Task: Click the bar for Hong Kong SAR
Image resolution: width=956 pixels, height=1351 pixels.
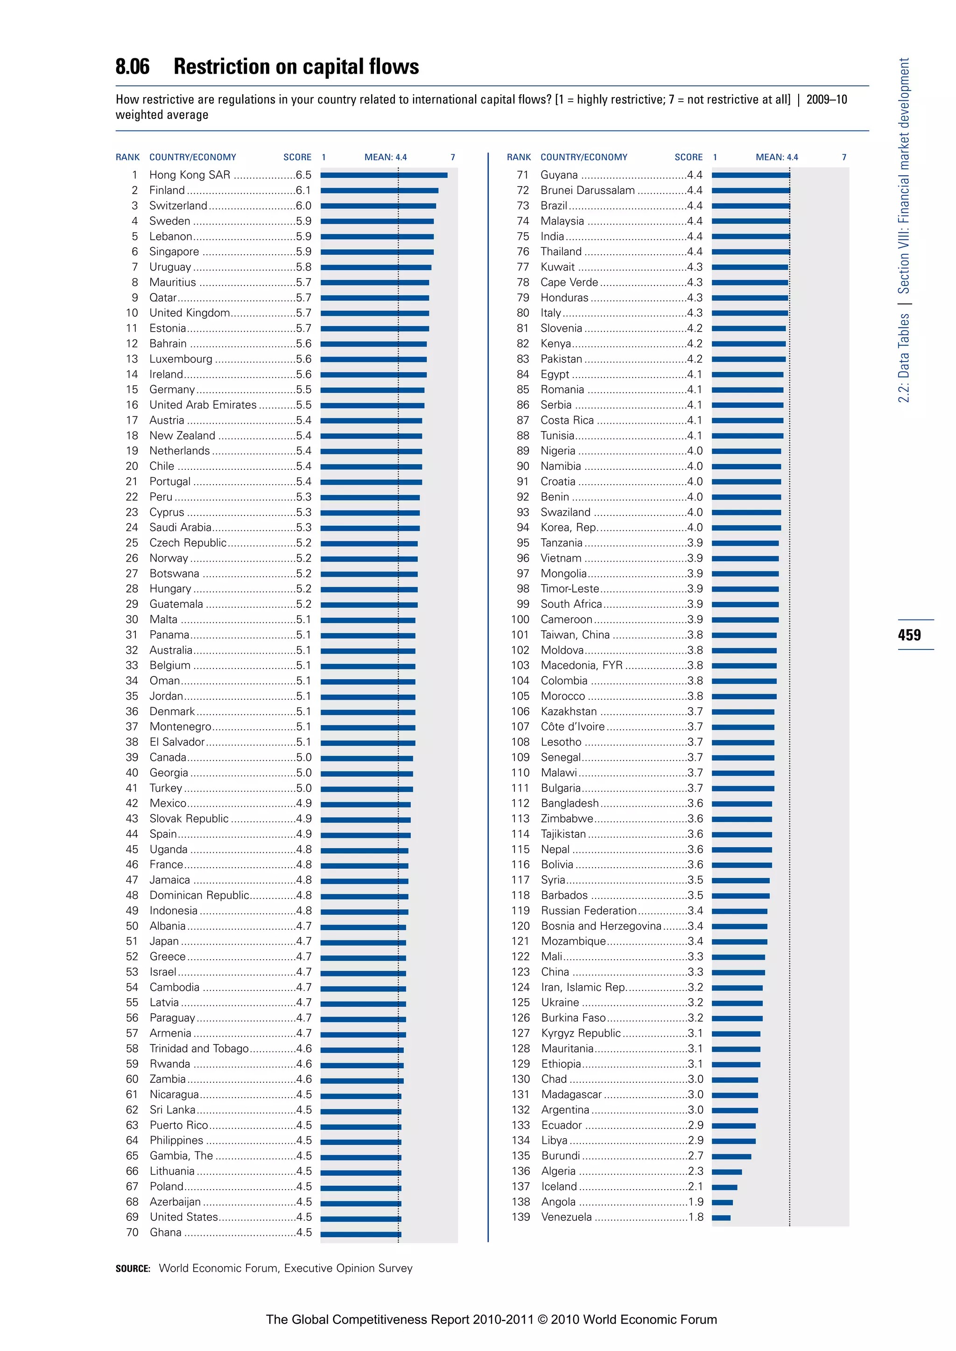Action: tap(383, 175)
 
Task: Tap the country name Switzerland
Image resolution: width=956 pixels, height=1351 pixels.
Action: tap(178, 205)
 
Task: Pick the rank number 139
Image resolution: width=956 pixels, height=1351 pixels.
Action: tap(520, 1217)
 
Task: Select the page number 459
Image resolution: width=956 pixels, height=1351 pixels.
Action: tap(909, 635)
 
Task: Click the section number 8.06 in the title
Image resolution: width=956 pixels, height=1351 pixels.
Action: tap(133, 67)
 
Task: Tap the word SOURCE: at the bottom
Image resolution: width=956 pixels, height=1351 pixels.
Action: tap(133, 1268)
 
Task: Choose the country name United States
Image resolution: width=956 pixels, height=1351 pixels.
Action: tap(183, 1217)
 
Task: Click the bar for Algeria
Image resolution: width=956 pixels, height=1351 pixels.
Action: tap(726, 1171)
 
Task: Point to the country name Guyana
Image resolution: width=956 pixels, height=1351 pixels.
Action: tap(559, 175)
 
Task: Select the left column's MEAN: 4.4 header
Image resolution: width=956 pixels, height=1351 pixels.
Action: tap(385, 157)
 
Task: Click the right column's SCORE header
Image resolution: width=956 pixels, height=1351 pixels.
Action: tap(688, 157)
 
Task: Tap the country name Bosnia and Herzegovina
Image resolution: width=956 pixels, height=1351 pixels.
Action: tap(600, 926)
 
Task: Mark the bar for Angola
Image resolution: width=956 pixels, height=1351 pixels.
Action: tap(722, 1202)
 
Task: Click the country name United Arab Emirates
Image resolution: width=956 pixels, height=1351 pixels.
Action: tap(203, 405)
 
